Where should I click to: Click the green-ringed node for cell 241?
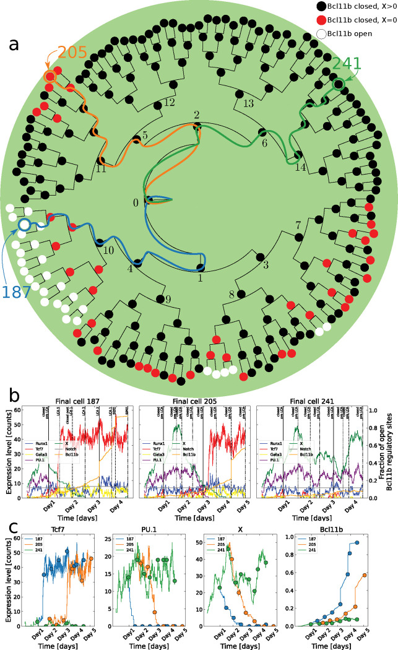click(338, 84)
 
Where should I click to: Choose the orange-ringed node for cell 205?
click(50, 76)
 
